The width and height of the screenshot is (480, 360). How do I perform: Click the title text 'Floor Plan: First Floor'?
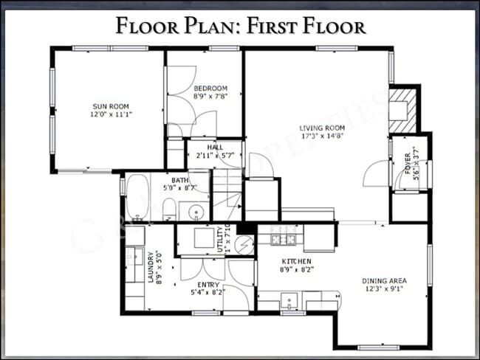pyautogui.click(x=240, y=27)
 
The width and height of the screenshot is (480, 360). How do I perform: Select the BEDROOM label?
pyautogui.click(x=210, y=89)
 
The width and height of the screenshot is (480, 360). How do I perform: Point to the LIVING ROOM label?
pyautogui.click(x=323, y=128)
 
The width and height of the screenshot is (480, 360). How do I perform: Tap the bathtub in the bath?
pyautogui.click(x=138, y=197)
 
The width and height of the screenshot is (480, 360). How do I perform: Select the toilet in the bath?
pyautogui.click(x=169, y=209)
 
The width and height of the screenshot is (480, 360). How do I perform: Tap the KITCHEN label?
pyautogui.click(x=296, y=262)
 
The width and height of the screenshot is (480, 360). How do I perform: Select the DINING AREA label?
pyautogui.click(x=383, y=280)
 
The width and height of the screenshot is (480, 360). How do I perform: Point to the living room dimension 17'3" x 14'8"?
pyautogui.click(x=323, y=136)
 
